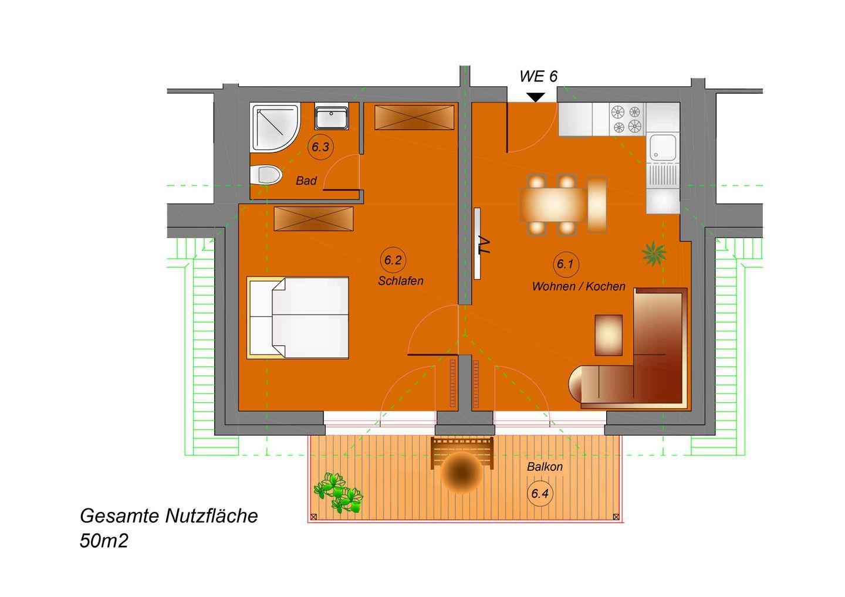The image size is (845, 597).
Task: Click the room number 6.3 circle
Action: [320, 147]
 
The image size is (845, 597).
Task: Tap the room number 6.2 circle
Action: [393, 260]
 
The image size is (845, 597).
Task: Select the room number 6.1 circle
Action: [565, 264]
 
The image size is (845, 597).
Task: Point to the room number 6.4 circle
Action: [540, 493]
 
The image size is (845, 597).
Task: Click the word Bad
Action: [306, 181]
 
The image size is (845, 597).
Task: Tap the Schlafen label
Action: [401, 281]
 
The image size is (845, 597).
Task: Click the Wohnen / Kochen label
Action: [579, 286]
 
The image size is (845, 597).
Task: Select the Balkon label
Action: [545, 467]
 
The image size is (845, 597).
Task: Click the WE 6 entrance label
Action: [538, 76]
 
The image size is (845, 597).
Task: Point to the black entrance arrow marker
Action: [536, 97]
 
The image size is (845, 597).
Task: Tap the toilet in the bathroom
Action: [266, 175]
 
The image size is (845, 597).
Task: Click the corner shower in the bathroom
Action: [275, 127]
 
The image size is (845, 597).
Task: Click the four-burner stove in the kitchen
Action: [626, 119]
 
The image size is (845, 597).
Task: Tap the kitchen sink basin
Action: [663, 147]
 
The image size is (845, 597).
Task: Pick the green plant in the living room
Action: [654, 254]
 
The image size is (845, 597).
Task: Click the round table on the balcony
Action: [461, 473]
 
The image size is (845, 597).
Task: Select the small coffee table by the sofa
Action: [609, 335]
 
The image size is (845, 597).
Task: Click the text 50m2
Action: [104, 541]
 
